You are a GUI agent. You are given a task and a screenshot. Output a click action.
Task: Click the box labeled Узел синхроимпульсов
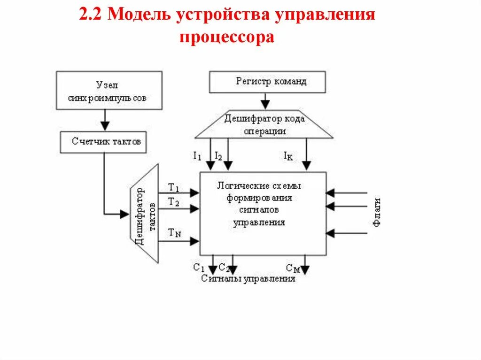pyautogui.click(x=109, y=90)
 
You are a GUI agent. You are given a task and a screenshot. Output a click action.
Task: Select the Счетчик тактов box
pyautogui.click(x=103, y=142)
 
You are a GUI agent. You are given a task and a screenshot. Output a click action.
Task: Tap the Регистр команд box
pyautogui.click(x=267, y=82)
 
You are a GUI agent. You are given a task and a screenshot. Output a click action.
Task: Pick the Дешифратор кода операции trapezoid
pyautogui.click(x=264, y=125)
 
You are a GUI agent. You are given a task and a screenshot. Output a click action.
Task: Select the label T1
pyautogui.click(x=173, y=187)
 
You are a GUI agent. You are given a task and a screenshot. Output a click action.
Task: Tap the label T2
pyautogui.click(x=173, y=202)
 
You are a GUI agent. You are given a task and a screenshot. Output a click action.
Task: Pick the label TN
pyautogui.click(x=174, y=232)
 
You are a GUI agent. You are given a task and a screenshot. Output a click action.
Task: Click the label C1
pyautogui.click(x=199, y=268)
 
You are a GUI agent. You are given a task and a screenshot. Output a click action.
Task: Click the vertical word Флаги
pyautogui.click(x=377, y=213)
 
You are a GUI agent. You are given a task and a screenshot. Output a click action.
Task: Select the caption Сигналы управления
pyautogui.click(x=248, y=279)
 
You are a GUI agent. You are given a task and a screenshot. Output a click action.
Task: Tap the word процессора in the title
pyautogui.click(x=226, y=37)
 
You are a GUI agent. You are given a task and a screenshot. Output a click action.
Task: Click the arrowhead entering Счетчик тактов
pyautogui.click(x=105, y=126)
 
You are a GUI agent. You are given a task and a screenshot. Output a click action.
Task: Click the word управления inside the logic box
pyautogui.click(x=259, y=222)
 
